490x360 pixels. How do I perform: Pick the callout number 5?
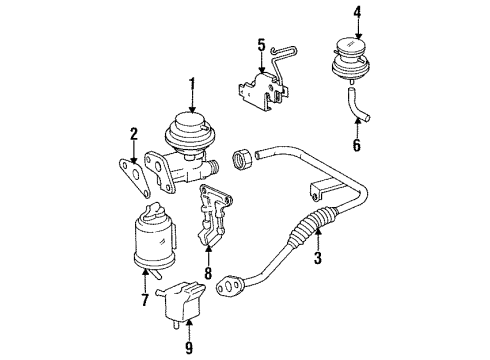[261, 45]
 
